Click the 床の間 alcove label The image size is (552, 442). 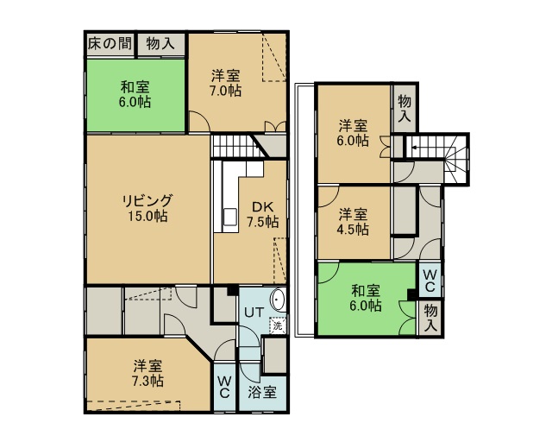pyautogui.click(x=110, y=44)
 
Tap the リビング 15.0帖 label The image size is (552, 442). pyautogui.click(x=147, y=208)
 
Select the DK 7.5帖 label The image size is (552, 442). pyautogui.click(x=262, y=214)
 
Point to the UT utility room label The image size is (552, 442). pyautogui.click(x=254, y=313)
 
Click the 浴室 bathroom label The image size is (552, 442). pyautogui.click(x=262, y=392)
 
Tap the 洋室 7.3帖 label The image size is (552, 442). pyautogui.click(x=147, y=373)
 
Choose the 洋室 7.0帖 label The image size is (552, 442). pyautogui.click(x=226, y=83)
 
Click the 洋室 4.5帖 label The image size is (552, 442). pyautogui.click(x=353, y=222)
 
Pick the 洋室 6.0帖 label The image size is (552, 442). pyautogui.click(x=353, y=133)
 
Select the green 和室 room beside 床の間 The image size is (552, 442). pyautogui.click(x=136, y=95)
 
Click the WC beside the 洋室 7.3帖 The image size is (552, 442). pyautogui.click(x=224, y=387)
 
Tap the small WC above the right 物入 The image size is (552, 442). pyautogui.click(x=430, y=281)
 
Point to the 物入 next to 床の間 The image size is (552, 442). pyautogui.click(x=160, y=44)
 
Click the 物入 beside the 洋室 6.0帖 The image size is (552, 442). pyautogui.click(x=405, y=108)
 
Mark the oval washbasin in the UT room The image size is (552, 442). pyautogui.click(x=279, y=300)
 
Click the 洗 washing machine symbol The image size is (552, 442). pyautogui.click(x=278, y=325)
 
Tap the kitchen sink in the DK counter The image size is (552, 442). pyautogui.click(x=230, y=216)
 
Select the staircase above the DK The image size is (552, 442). pyautogui.click(x=238, y=146)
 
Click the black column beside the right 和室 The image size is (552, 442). pyautogui.click(x=411, y=294)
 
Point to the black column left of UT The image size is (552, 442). pyautogui.click(x=232, y=290)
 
